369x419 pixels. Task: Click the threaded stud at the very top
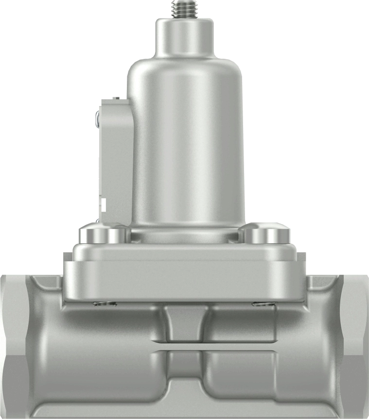tap(184, 9)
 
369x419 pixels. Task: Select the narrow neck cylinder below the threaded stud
tap(184, 36)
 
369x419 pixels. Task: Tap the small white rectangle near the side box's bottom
tap(103, 204)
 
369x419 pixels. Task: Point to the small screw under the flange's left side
tap(105, 305)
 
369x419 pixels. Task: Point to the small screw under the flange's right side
tap(264, 305)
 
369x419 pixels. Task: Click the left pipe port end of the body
tap(12, 346)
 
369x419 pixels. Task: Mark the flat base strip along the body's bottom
tap(185, 409)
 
